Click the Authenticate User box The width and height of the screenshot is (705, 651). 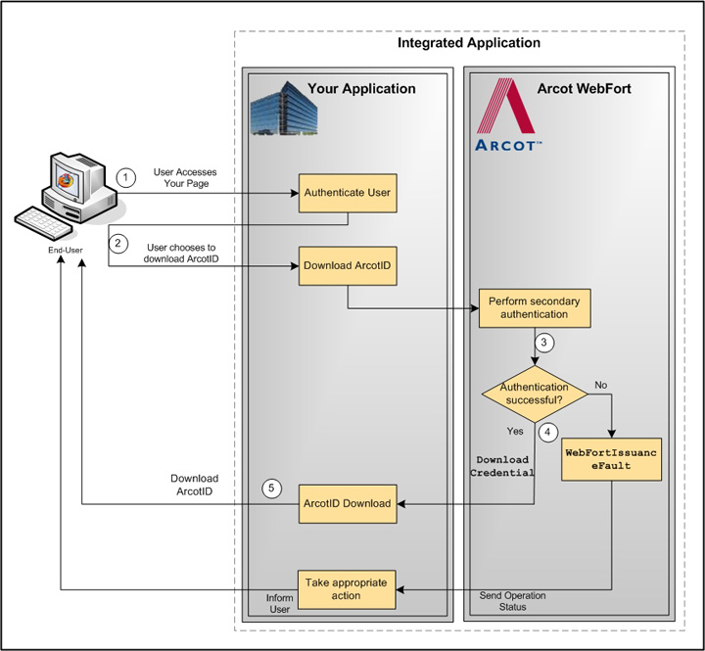click(x=347, y=192)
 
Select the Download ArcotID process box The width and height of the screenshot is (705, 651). click(x=347, y=265)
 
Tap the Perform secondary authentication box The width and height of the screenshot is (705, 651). click(x=535, y=307)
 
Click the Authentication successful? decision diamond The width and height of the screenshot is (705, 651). click(x=535, y=394)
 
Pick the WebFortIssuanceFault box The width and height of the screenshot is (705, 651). click(x=611, y=459)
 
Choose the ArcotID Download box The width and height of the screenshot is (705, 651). click(x=347, y=503)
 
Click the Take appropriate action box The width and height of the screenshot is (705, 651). click(x=346, y=589)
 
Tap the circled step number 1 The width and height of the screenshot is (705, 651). click(x=125, y=177)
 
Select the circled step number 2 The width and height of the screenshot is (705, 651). click(x=118, y=242)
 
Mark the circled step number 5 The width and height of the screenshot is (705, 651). click(x=273, y=488)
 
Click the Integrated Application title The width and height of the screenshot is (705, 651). click(x=468, y=43)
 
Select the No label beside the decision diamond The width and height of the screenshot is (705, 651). click(x=601, y=385)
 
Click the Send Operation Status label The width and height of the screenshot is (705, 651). click(x=512, y=601)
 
